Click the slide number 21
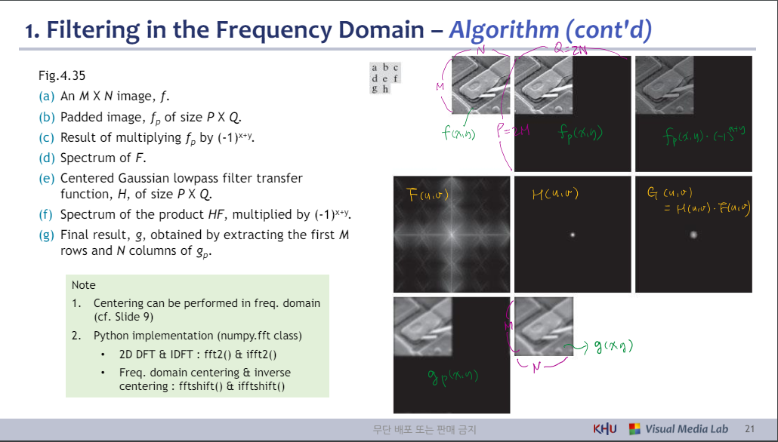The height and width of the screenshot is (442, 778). click(749, 429)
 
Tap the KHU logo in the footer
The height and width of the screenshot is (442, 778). click(605, 429)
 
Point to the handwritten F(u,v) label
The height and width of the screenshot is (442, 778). click(428, 196)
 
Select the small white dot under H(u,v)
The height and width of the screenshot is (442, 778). click(573, 235)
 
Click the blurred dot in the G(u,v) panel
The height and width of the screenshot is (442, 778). click(693, 235)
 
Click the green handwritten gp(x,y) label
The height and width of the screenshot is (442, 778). click(452, 376)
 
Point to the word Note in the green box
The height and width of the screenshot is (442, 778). click(83, 285)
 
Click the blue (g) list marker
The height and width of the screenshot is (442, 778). click(46, 235)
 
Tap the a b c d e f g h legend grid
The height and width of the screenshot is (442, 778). click(384, 78)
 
